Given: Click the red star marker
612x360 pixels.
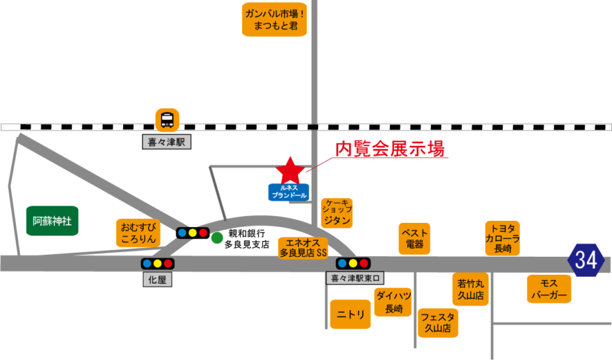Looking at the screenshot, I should point(290,170).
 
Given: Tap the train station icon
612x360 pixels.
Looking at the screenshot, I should point(168,120).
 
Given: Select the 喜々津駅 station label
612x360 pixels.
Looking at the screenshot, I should point(166,142).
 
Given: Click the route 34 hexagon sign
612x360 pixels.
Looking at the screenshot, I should point(585,260).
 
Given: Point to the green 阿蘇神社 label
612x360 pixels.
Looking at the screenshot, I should point(53,221).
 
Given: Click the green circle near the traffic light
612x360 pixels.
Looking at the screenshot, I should point(218,238).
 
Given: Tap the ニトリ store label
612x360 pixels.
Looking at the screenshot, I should point(351,314).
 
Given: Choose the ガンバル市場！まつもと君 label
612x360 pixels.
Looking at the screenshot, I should point(274,19).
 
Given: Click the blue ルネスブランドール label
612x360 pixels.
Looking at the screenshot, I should point(289,192).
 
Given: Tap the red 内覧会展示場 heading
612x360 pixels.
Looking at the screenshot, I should point(389,148).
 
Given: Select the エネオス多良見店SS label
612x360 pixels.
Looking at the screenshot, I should point(303,248).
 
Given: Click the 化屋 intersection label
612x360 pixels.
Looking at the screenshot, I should point(157,280).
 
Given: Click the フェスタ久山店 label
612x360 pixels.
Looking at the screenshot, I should point(438,323).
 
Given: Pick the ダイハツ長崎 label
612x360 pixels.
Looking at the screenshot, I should point(393,302).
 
